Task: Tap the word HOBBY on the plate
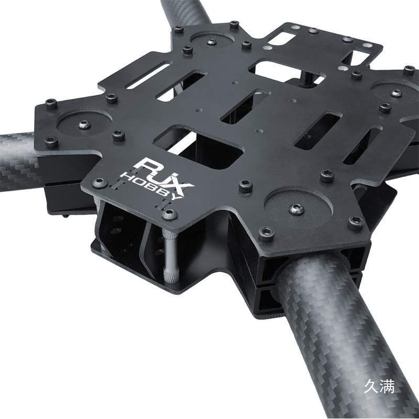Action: [151, 186]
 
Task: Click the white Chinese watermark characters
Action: [379, 386]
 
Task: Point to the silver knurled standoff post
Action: [170, 256]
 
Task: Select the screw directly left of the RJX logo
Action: [100, 183]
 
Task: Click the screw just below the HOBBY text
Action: [170, 215]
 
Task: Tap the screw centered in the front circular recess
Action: [296, 209]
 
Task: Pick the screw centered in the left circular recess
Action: [84, 125]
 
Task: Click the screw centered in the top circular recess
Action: [212, 42]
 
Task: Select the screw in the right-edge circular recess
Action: [396, 93]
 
